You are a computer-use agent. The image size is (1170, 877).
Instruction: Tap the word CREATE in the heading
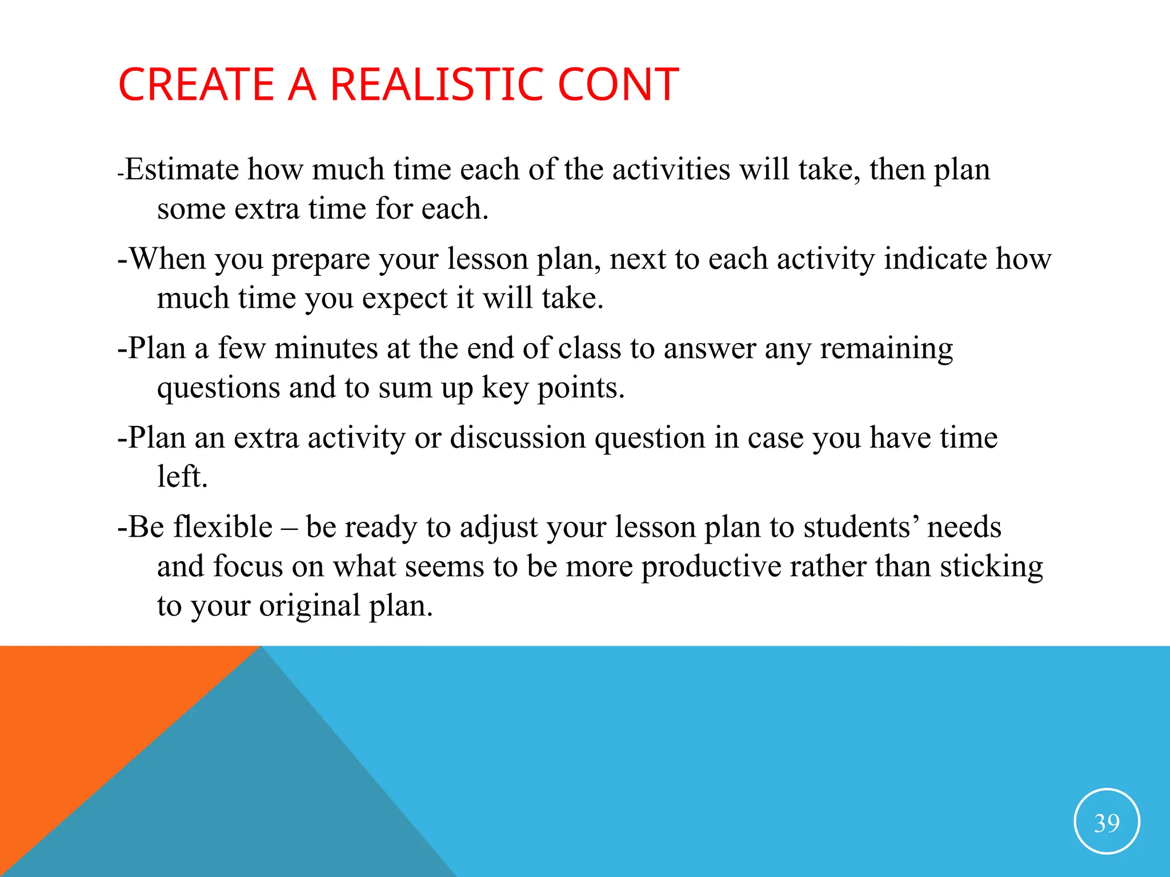click(197, 85)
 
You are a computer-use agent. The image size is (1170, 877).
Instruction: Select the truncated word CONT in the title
click(618, 85)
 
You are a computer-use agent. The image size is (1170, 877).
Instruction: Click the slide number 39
click(1107, 823)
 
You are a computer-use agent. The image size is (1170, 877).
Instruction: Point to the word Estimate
click(182, 170)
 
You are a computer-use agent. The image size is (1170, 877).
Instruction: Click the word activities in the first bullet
click(671, 170)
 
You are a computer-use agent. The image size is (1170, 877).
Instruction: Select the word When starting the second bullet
click(167, 259)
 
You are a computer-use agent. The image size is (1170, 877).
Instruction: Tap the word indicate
click(935, 259)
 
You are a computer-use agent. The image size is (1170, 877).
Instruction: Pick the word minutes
click(326, 348)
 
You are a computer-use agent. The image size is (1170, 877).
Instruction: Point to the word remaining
click(887, 348)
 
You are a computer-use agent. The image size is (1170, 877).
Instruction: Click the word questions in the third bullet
click(218, 388)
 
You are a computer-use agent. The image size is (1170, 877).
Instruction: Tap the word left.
click(182, 477)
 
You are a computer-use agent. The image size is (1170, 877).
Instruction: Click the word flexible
click(223, 527)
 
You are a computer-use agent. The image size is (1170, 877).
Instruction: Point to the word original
click(309, 606)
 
